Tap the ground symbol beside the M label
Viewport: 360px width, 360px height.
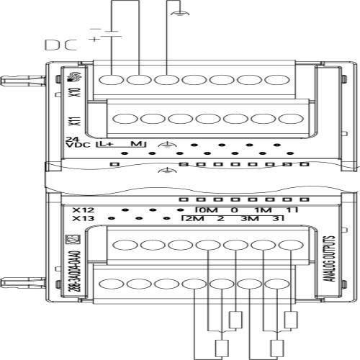(167, 145)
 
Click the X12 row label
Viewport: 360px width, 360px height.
(84, 210)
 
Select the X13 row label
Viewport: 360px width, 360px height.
(84, 219)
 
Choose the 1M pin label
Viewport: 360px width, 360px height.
(263, 210)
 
